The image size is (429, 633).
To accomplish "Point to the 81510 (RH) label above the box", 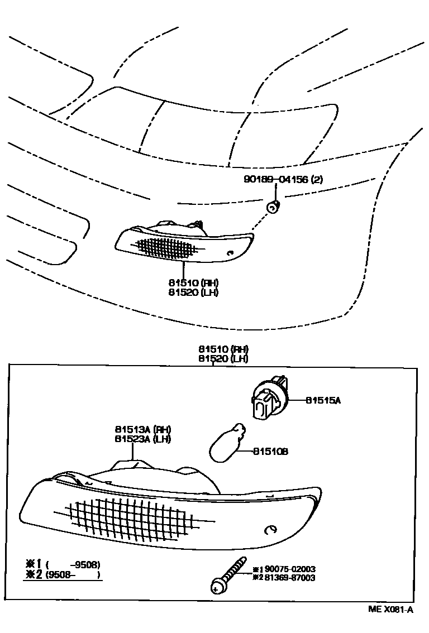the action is (x=216, y=349).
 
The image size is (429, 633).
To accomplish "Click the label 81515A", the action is (x=322, y=400).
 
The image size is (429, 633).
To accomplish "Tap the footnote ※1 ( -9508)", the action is (x=61, y=564).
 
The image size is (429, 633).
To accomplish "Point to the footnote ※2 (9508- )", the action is (x=61, y=574).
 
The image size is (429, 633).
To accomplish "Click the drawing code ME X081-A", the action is (x=390, y=610).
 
